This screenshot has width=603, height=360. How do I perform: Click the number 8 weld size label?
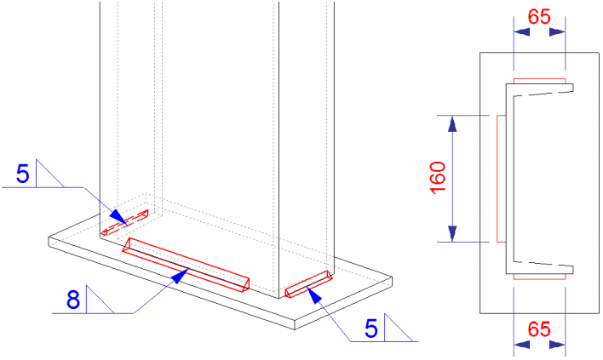pyautogui.click(x=73, y=300)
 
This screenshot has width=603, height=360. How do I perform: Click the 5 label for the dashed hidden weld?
pyautogui.click(x=23, y=174)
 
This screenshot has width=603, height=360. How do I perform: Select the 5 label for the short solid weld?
pyautogui.click(x=371, y=329)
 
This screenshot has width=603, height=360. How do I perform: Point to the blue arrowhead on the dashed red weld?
pyautogui.click(x=119, y=217)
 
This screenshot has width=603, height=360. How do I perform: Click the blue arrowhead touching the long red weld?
pyautogui.click(x=180, y=276)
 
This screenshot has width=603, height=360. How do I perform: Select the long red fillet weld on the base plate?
pyautogui.click(x=187, y=265)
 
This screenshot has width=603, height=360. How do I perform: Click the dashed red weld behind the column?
pyautogui.click(x=124, y=222)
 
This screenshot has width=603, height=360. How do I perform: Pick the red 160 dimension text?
pyautogui.click(x=438, y=178)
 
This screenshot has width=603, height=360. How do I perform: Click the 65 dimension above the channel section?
pyautogui.click(x=539, y=17)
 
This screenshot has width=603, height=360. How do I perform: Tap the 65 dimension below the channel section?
pyautogui.click(x=539, y=329)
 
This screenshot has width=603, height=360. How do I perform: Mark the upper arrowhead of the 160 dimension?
pyautogui.click(x=452, y=124)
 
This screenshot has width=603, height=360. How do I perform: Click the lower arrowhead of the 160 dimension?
pyautogui.click(x=452, y=233)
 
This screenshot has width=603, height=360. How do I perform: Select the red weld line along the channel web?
pyautogui.click(x=501, y=179)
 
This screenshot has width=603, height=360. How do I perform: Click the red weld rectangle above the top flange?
pyautogui.click(x=539, y=81)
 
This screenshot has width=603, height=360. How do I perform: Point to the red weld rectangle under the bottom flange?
pyautogui.click(x=539, y=277)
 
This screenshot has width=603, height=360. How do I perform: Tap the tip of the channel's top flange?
pyautogui.click(x=573, y=88)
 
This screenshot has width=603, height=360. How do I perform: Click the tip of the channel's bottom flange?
pyautogui.click(x=573, y=270)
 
